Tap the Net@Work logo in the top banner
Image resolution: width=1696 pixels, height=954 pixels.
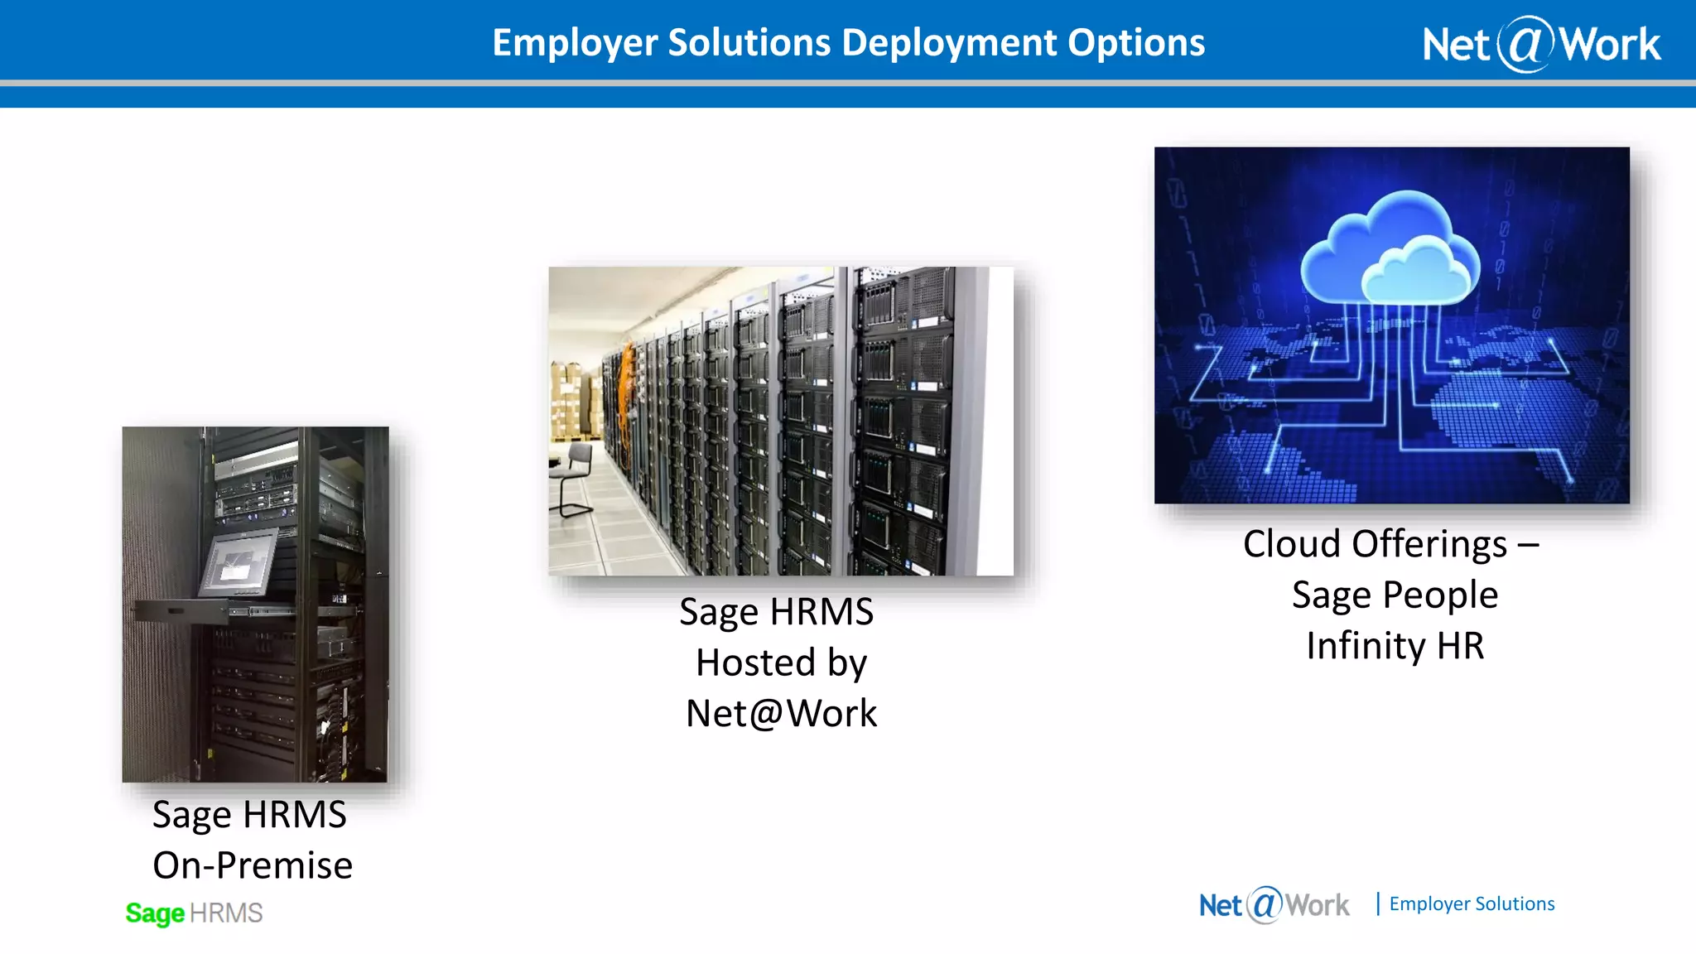click(x=1541, y=44)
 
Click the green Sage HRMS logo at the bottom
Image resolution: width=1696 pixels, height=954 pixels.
click(x=194, y=913)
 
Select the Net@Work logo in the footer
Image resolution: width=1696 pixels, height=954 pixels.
click(x=1274, y=904)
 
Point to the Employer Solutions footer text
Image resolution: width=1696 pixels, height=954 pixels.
click(x=1472, y=903)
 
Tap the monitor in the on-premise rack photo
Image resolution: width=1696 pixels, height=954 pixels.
click(x=239, y=562)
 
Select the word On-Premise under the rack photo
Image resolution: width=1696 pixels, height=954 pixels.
click(x=253, y=865)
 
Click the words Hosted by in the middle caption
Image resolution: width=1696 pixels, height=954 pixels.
click(x=781, y=662)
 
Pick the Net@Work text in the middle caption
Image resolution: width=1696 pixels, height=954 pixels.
click(x=781, y=714)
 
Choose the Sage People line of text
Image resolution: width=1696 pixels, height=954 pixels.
click(x=1395, y=595)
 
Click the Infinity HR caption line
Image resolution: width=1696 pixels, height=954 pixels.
click(x=1395, y=646)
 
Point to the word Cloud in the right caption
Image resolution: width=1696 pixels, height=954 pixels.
click(x=1291, y=544)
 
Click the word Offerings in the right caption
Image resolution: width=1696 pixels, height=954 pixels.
click(x=1429, y=544)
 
